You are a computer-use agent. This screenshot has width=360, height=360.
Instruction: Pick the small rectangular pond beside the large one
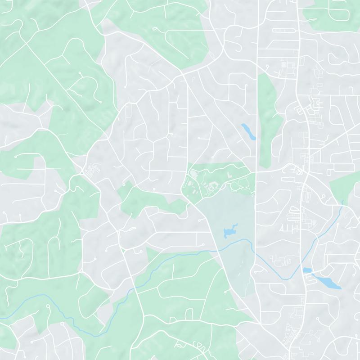[x=307, y=270]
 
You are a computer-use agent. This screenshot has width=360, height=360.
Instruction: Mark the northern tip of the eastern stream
[x=342, y=201]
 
